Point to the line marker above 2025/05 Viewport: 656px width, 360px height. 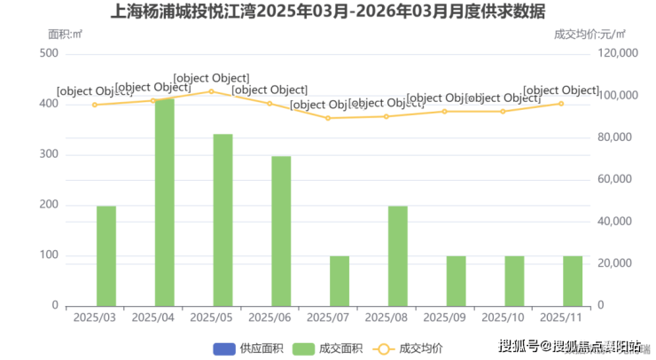click(211, 91)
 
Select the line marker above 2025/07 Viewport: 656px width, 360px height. click(328, 118)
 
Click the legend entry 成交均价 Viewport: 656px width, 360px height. click(410, 347)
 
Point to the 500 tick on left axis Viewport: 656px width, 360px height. click(49, 54)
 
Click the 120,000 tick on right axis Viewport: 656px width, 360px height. click(618, 54)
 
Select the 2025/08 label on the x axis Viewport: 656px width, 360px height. click(386, 317)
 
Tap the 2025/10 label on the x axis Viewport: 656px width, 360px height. click(503, 317)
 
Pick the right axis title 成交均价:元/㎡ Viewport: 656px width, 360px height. click(590, 35)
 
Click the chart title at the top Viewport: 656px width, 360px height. click(328, 12)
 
